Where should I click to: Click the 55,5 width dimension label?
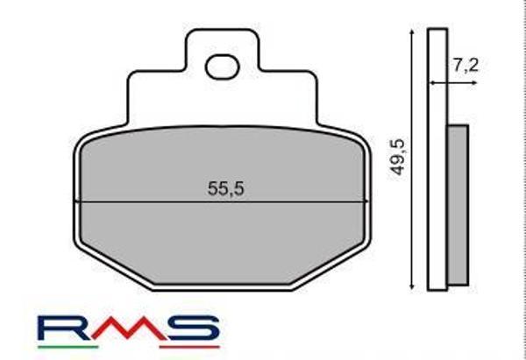pyautogui.click(x=224, y=187)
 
